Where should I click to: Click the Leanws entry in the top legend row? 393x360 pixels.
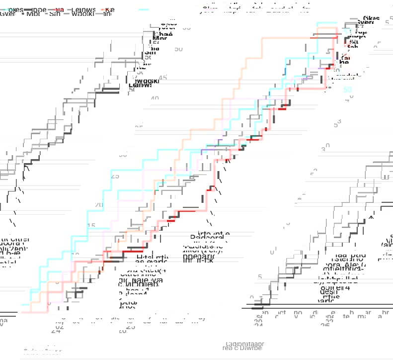83,9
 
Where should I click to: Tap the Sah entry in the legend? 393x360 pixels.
55,14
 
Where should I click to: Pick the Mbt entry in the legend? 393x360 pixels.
34,14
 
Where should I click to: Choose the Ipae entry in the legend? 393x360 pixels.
39,9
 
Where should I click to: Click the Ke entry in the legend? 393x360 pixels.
110,9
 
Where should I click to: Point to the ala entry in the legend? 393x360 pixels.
59,9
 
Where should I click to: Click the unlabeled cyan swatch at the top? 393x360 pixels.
144,9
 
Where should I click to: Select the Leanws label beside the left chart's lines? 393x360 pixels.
140,85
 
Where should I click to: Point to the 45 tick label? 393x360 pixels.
163,78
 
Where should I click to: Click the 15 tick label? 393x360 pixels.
91,226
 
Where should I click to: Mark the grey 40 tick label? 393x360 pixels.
155,99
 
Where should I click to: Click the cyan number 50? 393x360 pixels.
348,90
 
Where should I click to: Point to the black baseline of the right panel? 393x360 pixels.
318,308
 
